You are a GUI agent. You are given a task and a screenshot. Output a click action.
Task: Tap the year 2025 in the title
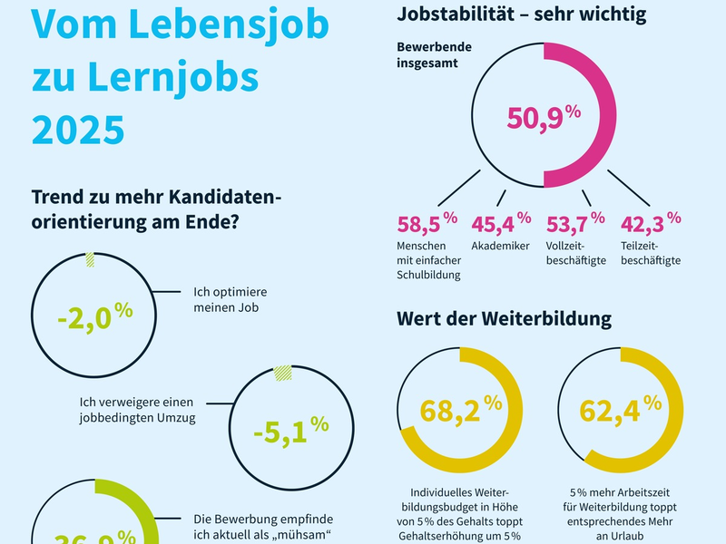point(78,129)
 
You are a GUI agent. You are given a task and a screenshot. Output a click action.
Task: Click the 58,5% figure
point(427,222)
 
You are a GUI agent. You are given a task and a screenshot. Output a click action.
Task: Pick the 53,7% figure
point(574,222)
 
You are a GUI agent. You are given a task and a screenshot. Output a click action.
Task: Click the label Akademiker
point(500,246)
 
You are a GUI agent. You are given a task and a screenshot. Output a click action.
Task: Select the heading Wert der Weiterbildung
point(504,319)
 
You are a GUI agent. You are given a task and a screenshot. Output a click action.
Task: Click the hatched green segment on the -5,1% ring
point(283,372)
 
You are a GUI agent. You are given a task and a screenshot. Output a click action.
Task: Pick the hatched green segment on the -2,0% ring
point(90,260)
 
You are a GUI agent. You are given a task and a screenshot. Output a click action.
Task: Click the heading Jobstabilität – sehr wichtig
point(522,14)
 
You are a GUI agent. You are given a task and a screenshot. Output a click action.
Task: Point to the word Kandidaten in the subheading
point(211,195)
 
